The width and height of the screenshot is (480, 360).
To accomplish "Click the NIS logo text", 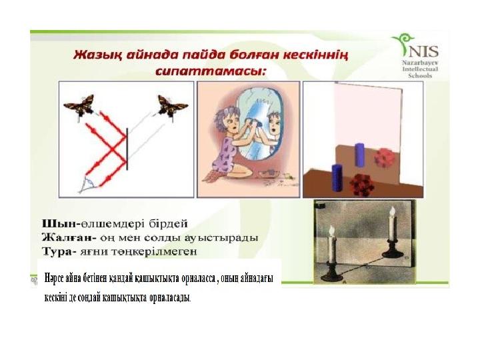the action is click(423, 51).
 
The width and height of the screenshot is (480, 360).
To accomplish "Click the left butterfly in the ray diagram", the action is click(79, 105).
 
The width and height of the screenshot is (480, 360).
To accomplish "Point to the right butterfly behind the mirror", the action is click(173, 106).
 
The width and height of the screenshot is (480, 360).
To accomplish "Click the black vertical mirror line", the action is click(127, 149).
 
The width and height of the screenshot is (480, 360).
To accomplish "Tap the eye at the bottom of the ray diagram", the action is click(87, 185).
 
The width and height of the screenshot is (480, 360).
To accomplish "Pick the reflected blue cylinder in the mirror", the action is click(359, 155).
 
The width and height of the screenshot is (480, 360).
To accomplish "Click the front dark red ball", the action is click(361, 185).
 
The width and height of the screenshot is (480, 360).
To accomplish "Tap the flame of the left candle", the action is click(331, 231).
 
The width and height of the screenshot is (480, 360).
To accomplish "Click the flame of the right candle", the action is click(392, 211).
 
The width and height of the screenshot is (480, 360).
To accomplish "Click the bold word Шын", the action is click(60, 224).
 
